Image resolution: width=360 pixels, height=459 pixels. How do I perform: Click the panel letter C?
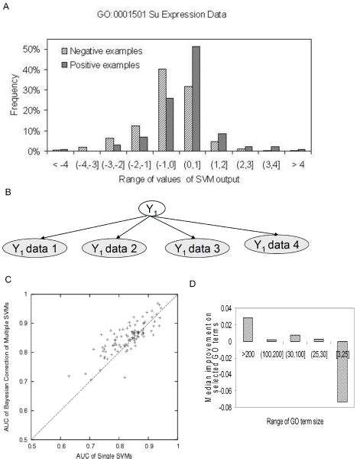pyautogui.click(x=8, y=281)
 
